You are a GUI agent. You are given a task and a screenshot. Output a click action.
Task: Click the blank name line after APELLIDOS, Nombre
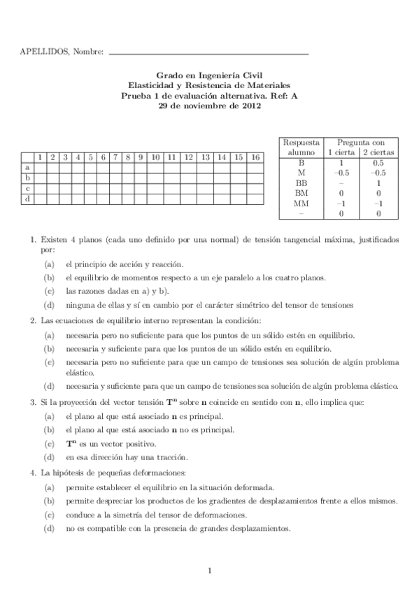point(209,52)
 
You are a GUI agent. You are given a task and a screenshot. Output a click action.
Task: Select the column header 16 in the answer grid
point(255,157)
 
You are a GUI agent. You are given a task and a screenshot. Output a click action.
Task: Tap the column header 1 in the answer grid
point(40,157)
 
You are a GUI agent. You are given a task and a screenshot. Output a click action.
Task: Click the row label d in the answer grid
point(27,199)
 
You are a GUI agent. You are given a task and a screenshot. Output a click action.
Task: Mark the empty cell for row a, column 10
point(155,168)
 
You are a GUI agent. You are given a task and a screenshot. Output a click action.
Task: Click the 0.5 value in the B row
point(378,162)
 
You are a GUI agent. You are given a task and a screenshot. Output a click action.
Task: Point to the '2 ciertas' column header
point(378,151)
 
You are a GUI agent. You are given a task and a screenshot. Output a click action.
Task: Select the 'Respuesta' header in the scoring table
point(301,141)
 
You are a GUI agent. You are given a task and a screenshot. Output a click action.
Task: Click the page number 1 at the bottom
point(209,571)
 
